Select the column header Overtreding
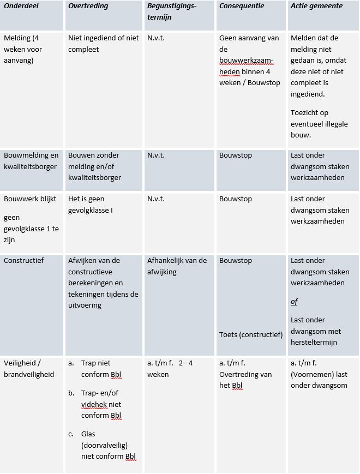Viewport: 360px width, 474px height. [88, 6]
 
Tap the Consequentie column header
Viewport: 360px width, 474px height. [242, 6]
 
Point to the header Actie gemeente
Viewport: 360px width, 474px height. [317, 6]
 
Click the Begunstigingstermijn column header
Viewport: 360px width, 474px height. [172, 11]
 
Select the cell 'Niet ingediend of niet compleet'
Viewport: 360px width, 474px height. [103, 44]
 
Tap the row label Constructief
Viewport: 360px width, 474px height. [23, 261]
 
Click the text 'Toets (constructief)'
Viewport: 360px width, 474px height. [251, 334]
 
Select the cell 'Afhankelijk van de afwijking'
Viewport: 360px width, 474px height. [177, 266]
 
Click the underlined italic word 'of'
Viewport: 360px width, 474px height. [294, 302]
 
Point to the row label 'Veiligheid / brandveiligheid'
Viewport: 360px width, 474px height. [29, 369]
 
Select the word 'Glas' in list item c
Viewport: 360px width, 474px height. [89, 434]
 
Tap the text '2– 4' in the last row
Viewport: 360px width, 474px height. [185, 363]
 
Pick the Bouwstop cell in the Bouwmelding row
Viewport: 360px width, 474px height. [236, 155]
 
